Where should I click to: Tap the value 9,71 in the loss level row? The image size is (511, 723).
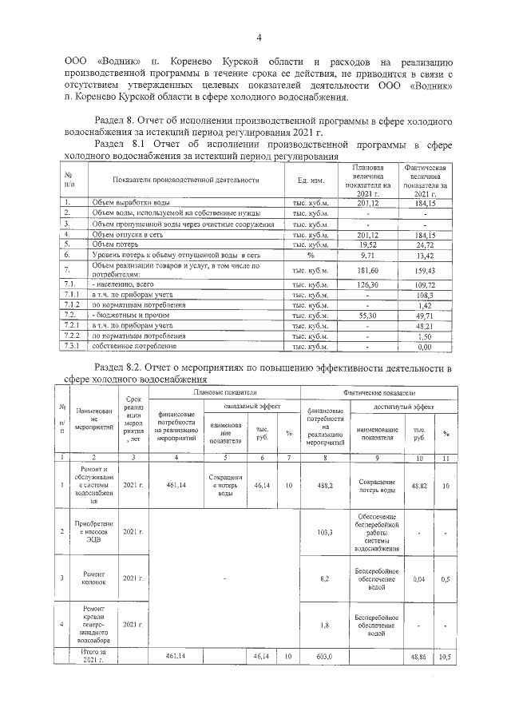(x=367, y=256)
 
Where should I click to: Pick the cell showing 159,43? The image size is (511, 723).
(x=430, y=270)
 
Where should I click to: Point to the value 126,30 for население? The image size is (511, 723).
(x=367, y=284)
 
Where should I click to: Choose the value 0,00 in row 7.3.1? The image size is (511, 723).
(x=430, y=346)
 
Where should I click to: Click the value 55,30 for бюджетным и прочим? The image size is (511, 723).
(x=367, y=316)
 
